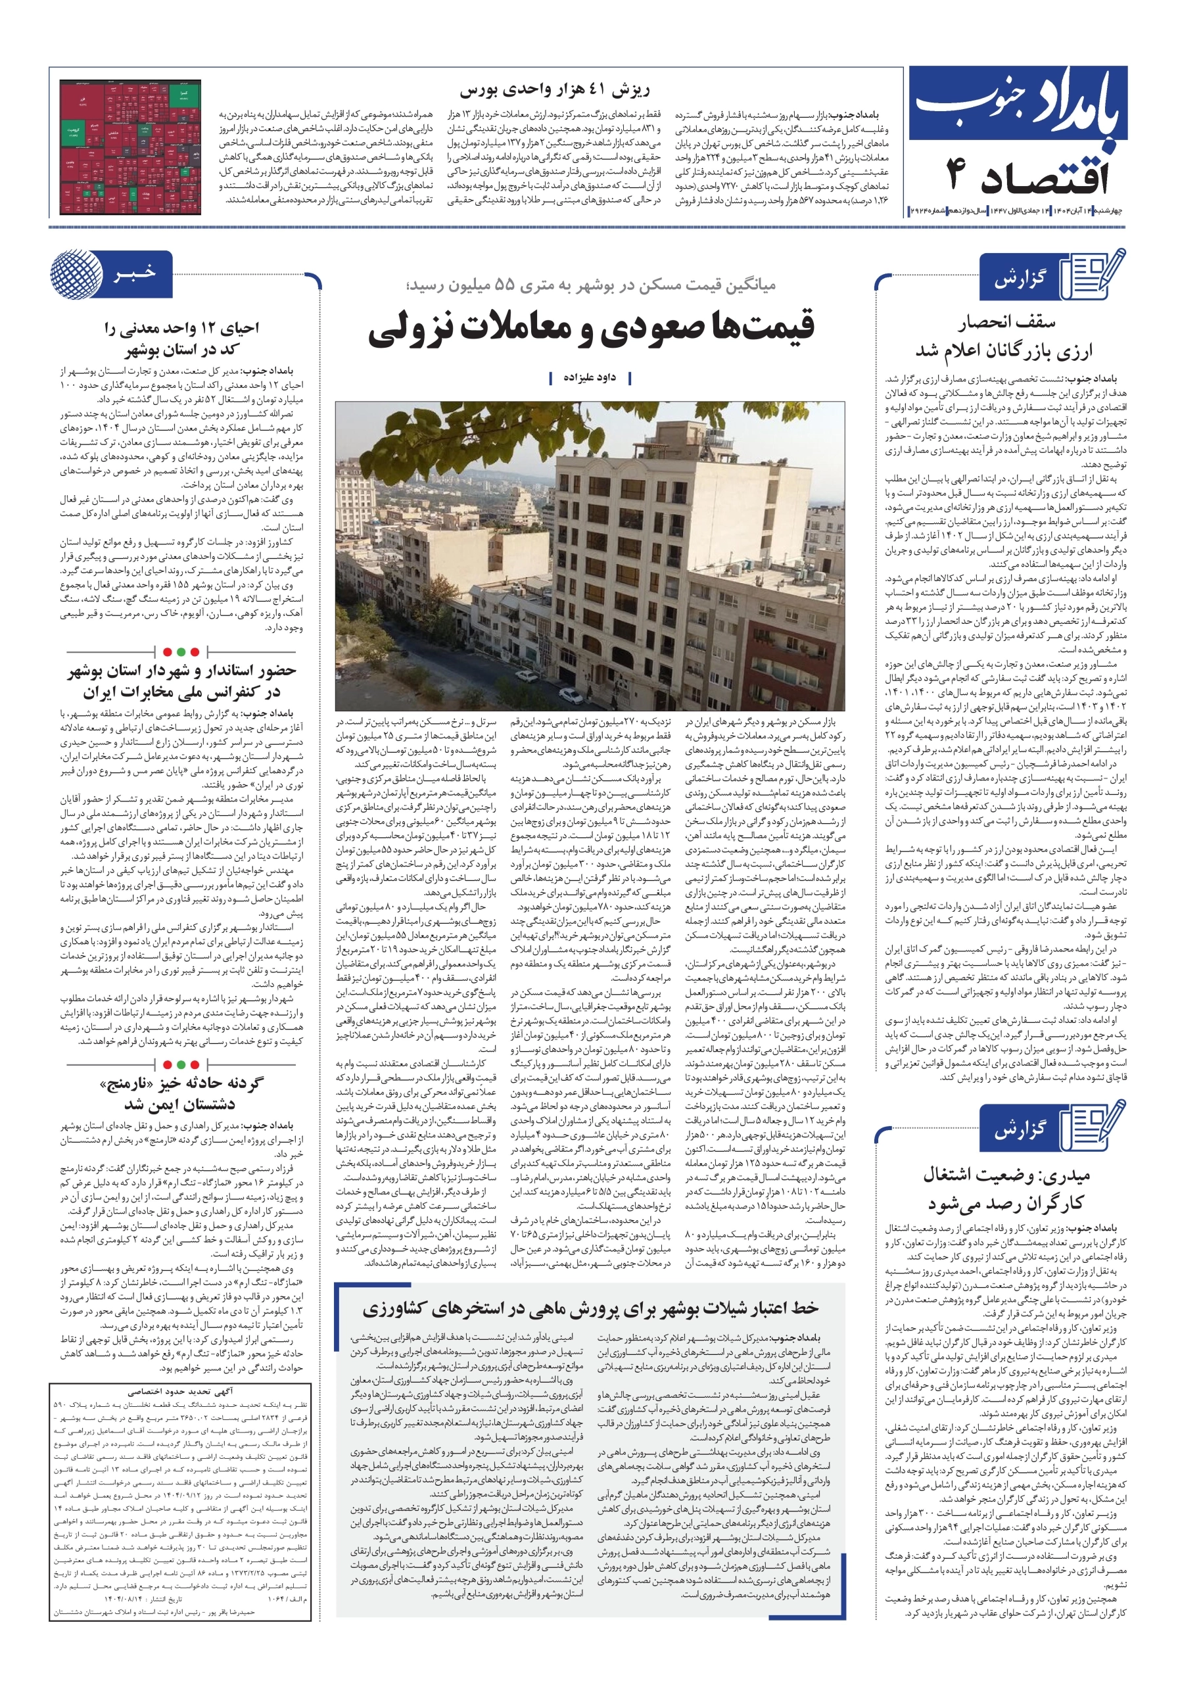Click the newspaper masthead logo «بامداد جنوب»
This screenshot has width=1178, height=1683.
tap(1018, 107)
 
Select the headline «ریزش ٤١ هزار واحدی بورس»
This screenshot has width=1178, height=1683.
tap(555, 91)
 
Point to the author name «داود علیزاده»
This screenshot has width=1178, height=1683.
tap(590, 377)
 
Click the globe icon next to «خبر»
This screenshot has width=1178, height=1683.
tap(76, 273)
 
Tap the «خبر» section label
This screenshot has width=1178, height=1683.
tap(135, 273)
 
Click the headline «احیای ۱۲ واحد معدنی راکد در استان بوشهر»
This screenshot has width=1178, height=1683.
tap(180, 338)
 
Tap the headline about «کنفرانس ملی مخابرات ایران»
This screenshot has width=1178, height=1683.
tap(182, 681)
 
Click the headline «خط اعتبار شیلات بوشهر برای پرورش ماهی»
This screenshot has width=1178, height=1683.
tap(590, 1308)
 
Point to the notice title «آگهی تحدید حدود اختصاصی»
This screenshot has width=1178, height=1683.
tap(180, 1390)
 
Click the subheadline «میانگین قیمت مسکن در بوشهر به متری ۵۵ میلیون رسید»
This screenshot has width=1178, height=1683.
tap(590, 285)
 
